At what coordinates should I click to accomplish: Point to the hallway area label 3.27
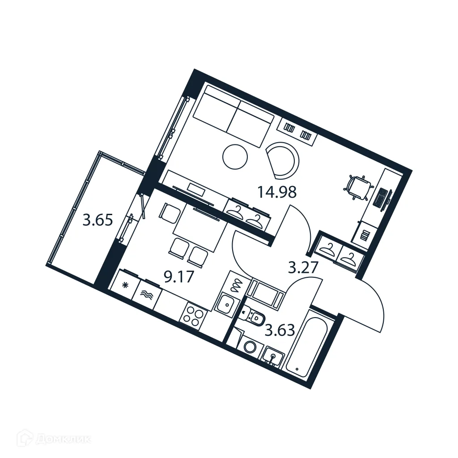(x=303, y=267)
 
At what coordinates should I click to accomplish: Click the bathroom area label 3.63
(x=280, y=331)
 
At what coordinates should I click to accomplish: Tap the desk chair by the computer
(x=358, y=187)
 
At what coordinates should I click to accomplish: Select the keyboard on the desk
(x=381, y=197)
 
